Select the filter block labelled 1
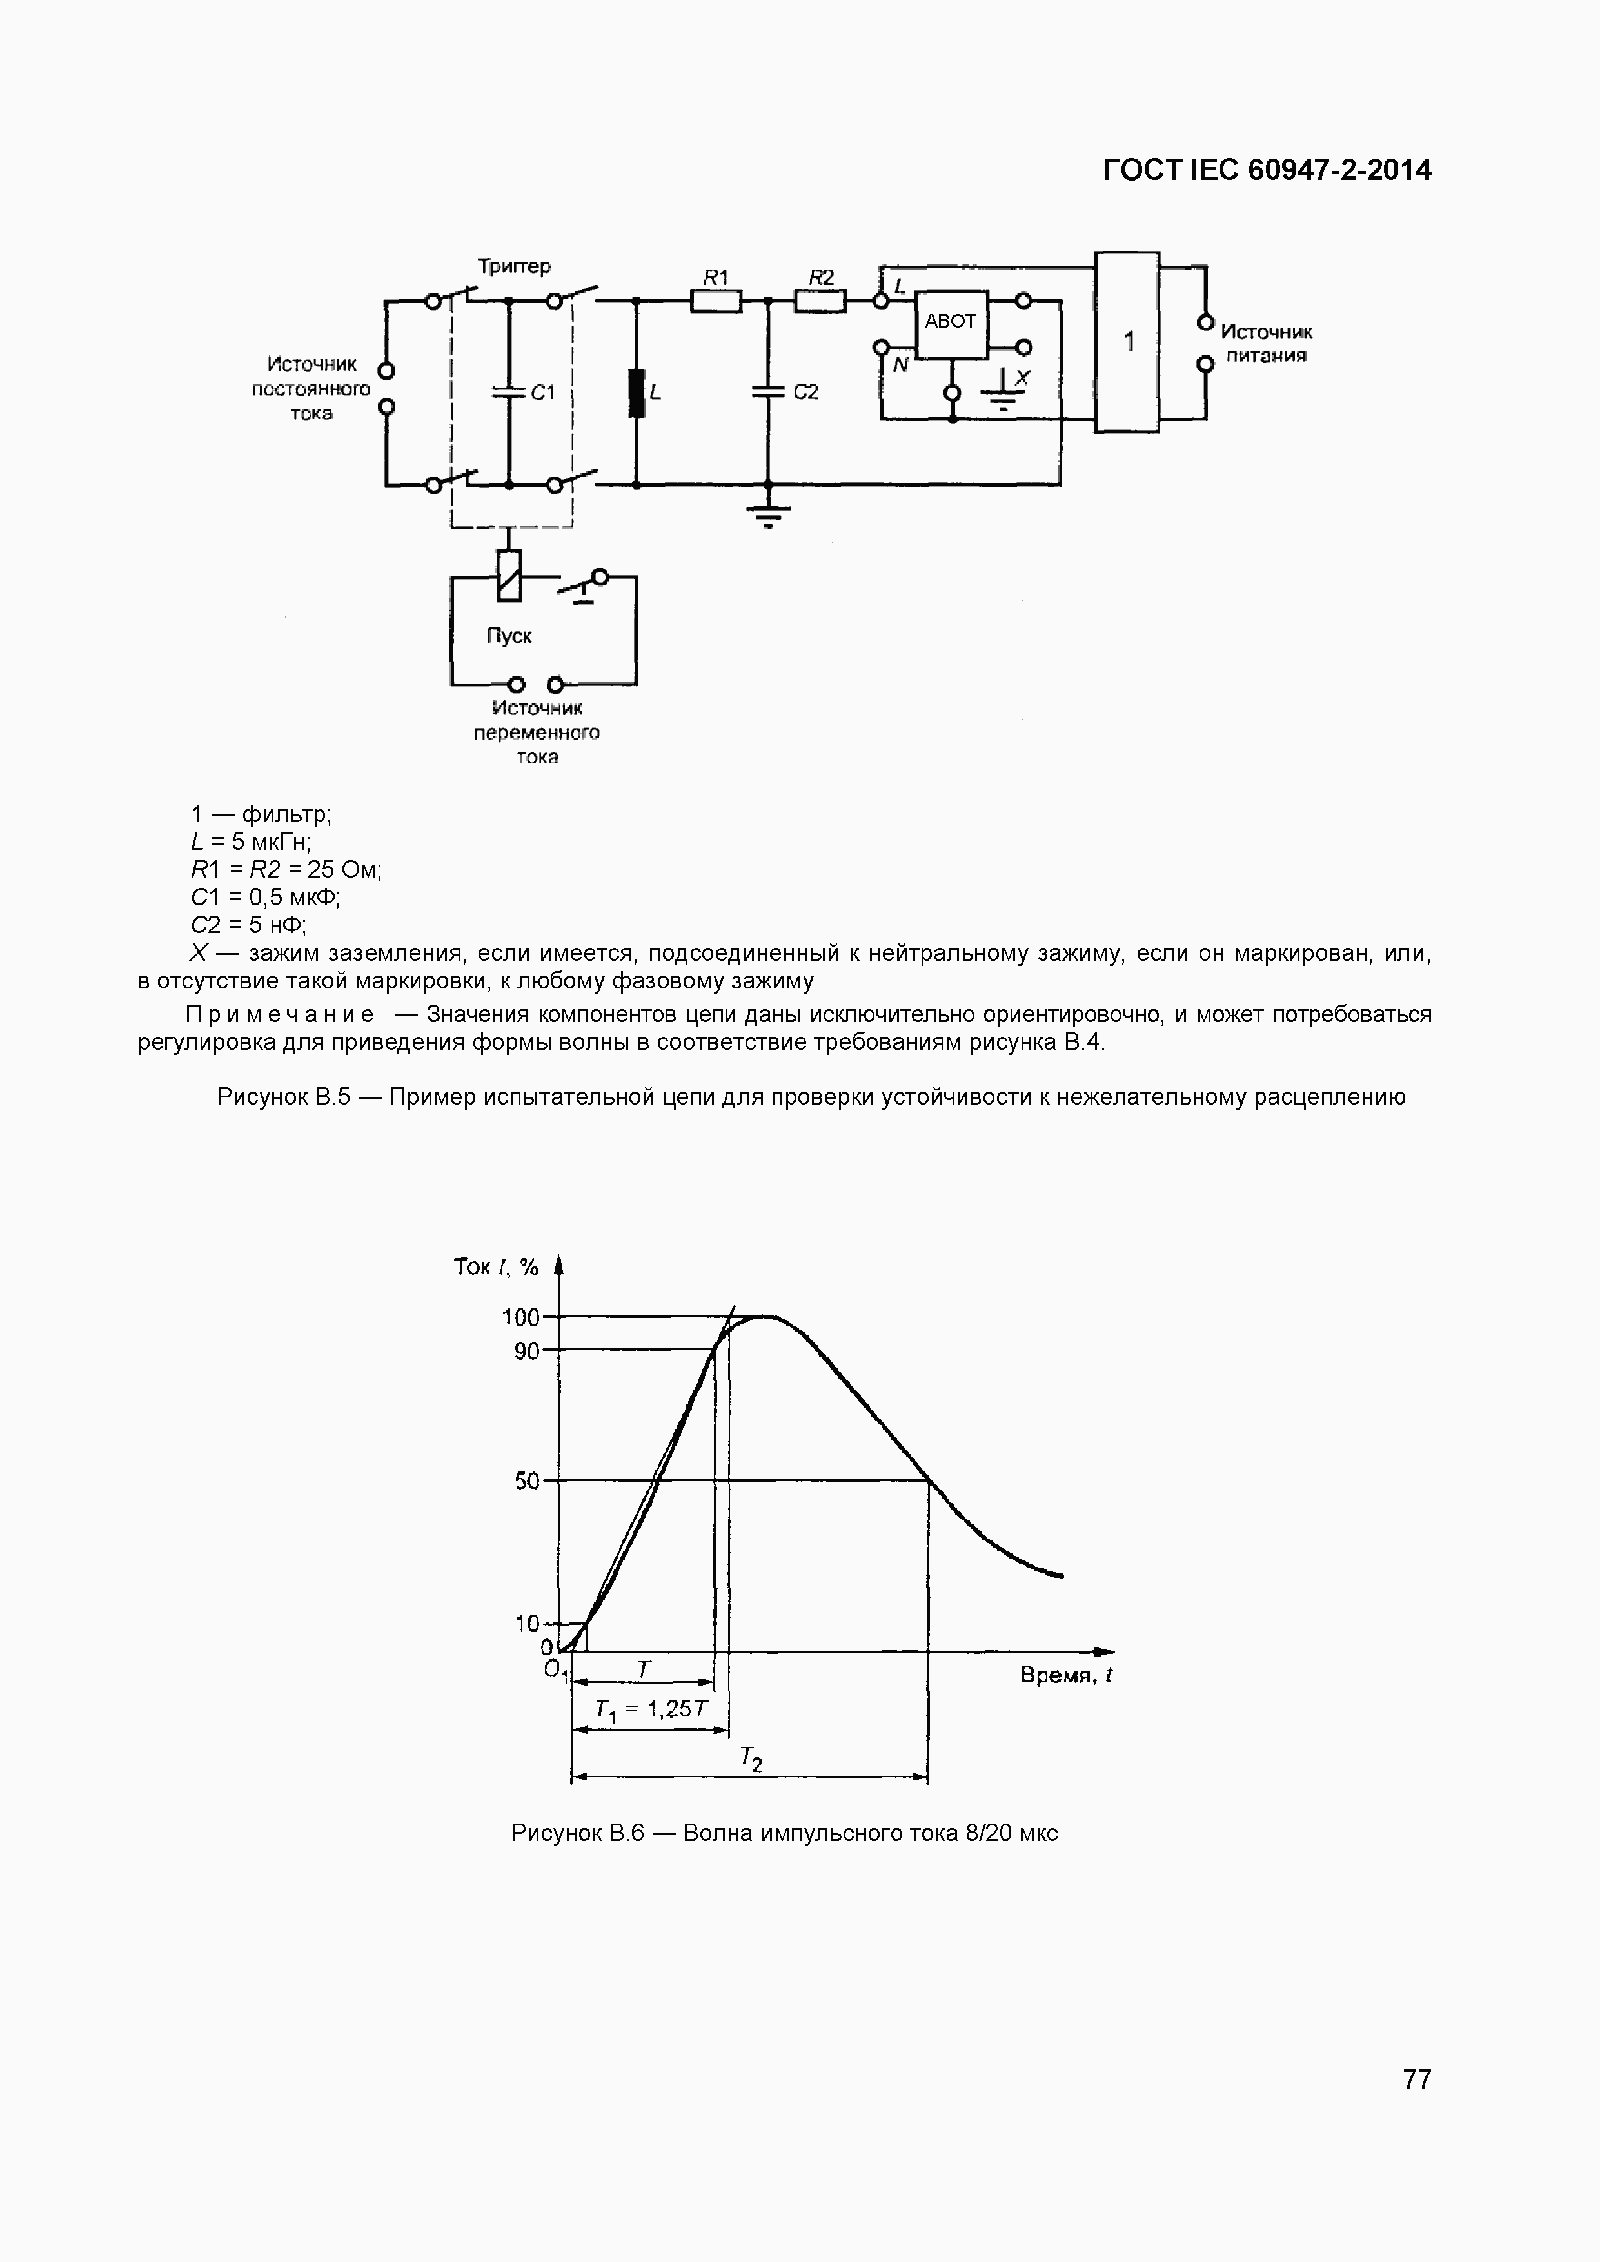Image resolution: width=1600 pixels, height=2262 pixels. pyautogui.click(x=1127, y=342)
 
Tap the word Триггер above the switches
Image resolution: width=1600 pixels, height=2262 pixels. pyautogui.click(x=513, y=266)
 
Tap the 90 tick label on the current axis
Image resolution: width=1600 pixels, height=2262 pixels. pyautogui.click(x=527, y=1351)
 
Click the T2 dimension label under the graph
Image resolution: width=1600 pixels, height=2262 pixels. pyautogui.click(x=751, y=1758)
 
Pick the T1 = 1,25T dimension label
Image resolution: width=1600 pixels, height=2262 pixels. pyautogui.click(x=651, y=1709)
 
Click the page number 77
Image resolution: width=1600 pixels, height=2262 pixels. pyautogui.click(x=1416, y=2079)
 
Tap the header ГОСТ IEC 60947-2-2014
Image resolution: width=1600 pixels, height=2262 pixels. pyautogui.click(x=1267, y=170)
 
